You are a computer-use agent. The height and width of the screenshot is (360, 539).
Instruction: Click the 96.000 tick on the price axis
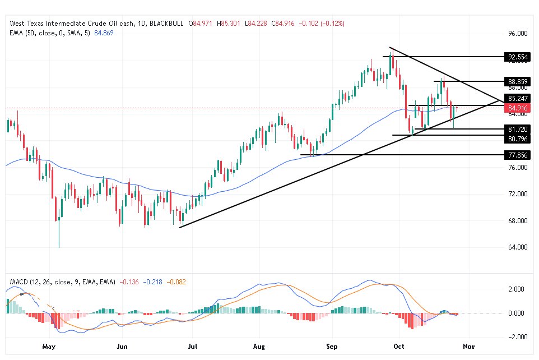(518, 33)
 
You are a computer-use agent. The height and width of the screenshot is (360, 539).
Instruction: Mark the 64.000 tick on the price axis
(518, 247)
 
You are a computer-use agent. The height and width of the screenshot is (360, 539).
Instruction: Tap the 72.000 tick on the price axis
(518, 194)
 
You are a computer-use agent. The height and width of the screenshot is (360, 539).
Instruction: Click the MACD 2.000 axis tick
(515, 289)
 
